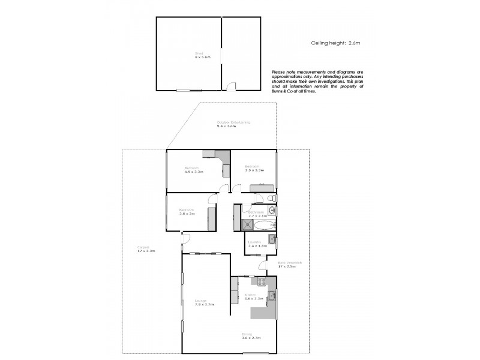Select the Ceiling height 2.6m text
[335, 43]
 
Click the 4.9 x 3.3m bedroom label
[193, 170]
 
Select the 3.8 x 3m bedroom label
[187, 212]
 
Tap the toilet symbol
[271, 198]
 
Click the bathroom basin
[272, 211]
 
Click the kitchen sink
[272, 296]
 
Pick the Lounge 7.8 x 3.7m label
[204, 303]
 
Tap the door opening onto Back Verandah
[263, 268]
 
